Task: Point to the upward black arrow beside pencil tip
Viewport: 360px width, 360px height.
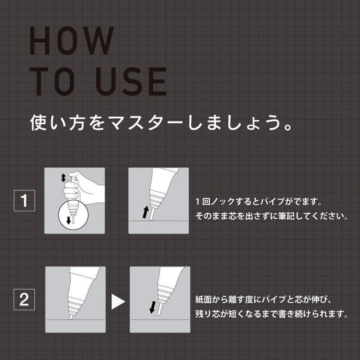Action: coord(145,211)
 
